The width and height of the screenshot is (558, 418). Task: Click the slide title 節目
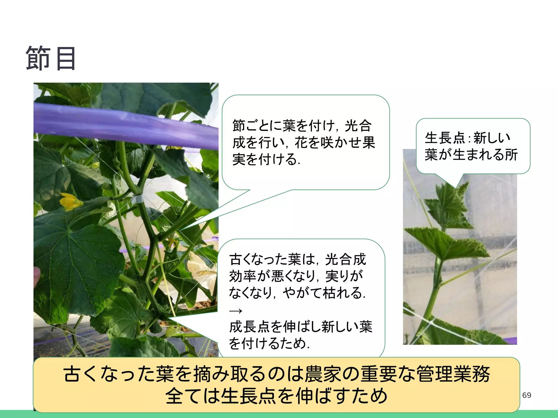[x=51, y=59]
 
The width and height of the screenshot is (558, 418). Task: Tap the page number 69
[x=526, y=395]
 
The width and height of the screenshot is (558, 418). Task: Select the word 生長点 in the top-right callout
[x=445, y=138]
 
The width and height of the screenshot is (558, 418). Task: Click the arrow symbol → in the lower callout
[x=236, y=311]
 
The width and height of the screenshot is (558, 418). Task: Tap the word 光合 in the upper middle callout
[x=358, y=126]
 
